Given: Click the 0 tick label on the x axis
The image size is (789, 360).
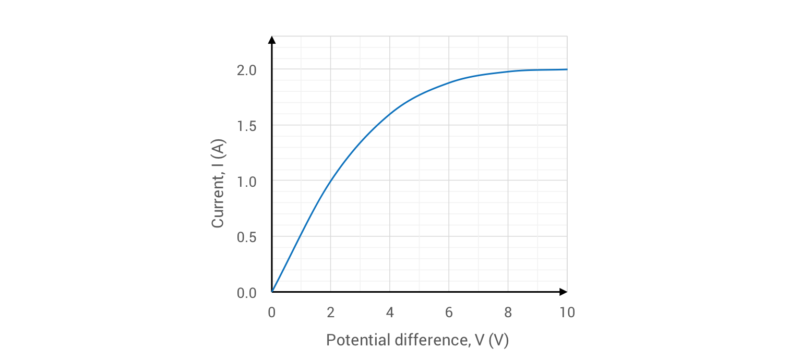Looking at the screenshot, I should (x=271, y=313).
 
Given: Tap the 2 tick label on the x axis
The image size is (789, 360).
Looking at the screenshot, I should (x=330, y=313).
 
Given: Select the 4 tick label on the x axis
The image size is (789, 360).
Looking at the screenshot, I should (x=390, y=313).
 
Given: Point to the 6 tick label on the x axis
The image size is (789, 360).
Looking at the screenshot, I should (x=449, y=313).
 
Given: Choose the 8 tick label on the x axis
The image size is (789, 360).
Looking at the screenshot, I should (x=508, y=313).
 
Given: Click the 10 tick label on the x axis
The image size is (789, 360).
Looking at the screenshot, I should (x=567, y=313).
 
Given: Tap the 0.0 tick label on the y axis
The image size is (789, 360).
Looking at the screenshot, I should (x=246, y=293).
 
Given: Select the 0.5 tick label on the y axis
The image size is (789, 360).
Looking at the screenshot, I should (x=246, y=237).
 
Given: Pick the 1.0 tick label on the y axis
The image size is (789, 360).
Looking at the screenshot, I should (x=246, y=181).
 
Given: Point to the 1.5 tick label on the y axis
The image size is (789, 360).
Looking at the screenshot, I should (x=246, y=126).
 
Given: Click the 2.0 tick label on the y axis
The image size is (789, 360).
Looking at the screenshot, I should (x=246, y=70).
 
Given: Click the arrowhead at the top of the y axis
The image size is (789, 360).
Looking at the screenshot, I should (x=271, y=40).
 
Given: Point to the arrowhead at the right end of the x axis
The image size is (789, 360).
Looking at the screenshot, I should (x=563, y=292).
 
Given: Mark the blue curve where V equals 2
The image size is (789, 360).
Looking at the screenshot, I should (x=330, y=181).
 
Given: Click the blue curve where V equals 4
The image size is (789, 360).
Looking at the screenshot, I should (x=390, y=114).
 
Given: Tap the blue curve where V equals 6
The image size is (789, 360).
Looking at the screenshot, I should (x=449, y=83).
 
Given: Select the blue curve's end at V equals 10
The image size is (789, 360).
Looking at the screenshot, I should (x=567, y=69).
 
